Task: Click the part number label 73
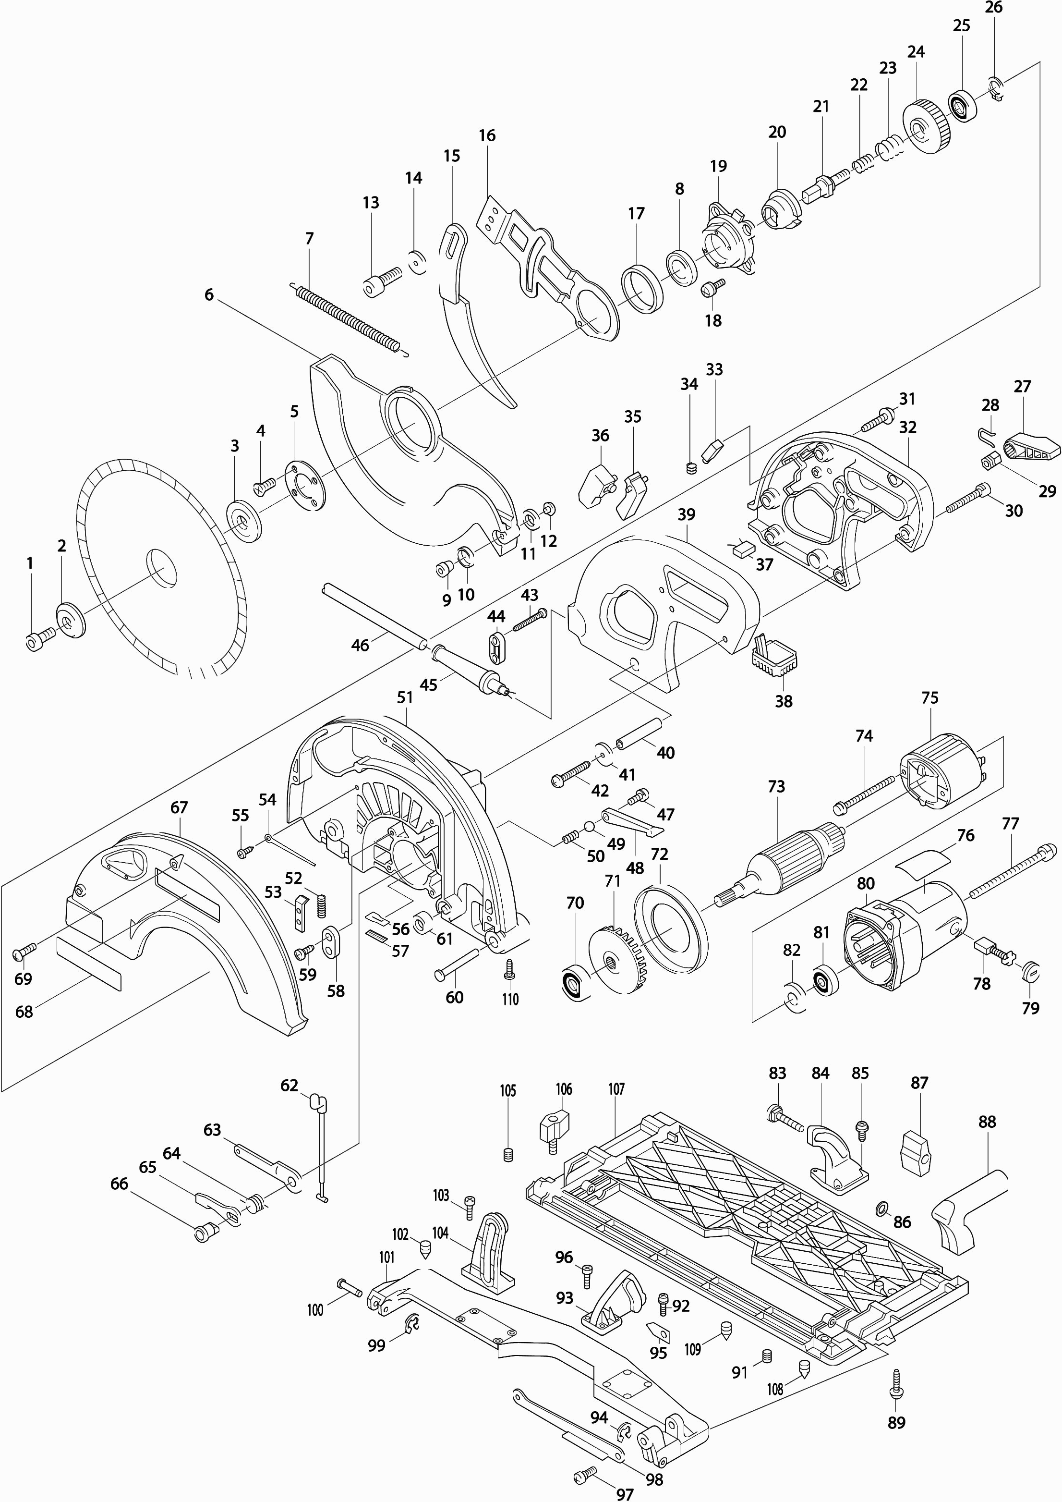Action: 776,787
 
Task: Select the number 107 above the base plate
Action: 616,1089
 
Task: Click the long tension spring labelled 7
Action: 347,318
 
